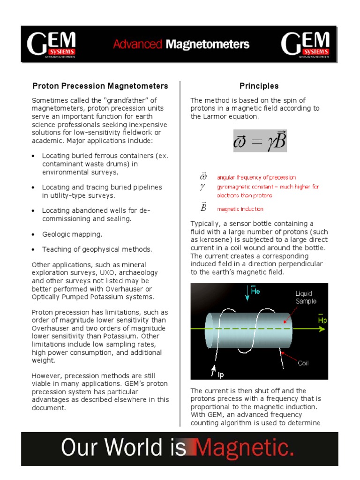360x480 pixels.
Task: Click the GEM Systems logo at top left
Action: [x=52, y=45]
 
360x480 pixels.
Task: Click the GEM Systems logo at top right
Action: [x=306, y=45]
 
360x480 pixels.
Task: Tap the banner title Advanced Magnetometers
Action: [x=181, y=45]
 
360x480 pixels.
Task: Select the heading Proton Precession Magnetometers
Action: [x=100, y=86]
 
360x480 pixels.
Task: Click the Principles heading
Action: [x=259, y=86]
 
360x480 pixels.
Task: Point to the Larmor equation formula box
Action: [x=260, y=141]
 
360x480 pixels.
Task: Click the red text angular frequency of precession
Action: [x=256, y=178]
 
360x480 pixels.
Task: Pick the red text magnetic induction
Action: [x=240, y=209]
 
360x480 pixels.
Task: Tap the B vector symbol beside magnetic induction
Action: [x=203, y=207]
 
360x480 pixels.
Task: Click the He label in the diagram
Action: [x=255, y=292]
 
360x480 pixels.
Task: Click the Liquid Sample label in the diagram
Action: [x=306, y=298]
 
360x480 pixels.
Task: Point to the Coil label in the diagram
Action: [x=304, y=363]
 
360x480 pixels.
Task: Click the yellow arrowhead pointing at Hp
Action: [x=322, y=329]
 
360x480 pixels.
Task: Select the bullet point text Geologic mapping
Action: [x=72, y=234]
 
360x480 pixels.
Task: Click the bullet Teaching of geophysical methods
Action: [x=97, y=249]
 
